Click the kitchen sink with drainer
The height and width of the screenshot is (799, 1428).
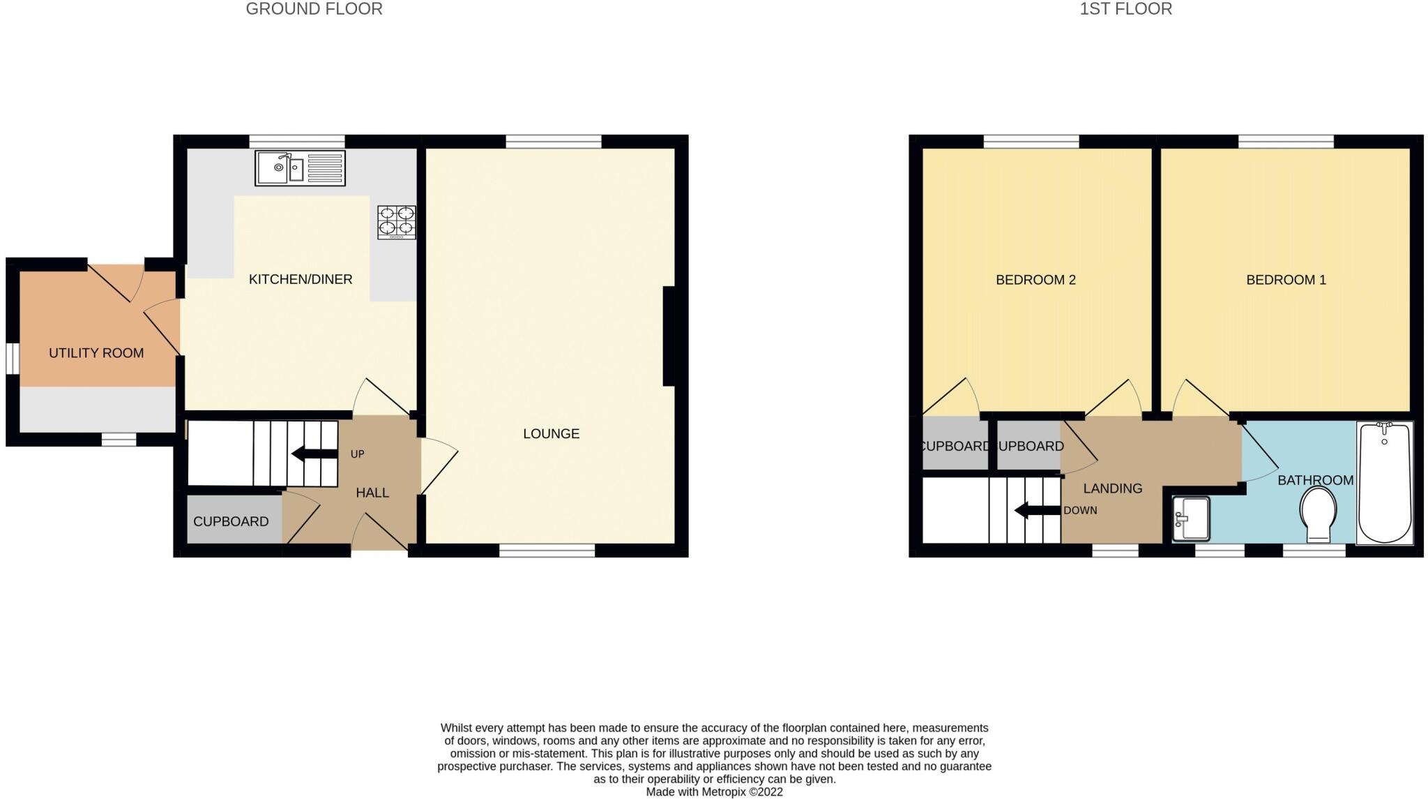tap(300, 168)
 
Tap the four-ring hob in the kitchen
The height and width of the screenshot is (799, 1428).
tap(396, 222)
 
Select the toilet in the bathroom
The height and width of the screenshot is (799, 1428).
tap(1318, 514)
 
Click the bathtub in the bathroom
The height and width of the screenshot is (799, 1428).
tap(1384, 483)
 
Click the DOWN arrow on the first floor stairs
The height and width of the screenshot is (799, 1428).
tap(1037, 510)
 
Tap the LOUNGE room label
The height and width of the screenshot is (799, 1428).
tap(551, 433)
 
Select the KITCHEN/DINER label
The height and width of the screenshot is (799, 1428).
tap(301, 279)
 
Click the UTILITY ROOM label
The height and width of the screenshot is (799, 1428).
tap(96, 353)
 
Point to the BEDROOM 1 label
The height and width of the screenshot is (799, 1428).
tap(1286, 280)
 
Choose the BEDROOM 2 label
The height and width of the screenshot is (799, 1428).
tap(1035, 280)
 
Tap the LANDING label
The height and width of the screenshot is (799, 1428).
tap(1112, 488)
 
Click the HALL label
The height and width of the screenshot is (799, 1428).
tap(372, 493)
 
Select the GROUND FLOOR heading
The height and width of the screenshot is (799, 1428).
tap(314, 9)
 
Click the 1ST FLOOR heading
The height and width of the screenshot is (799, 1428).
tap(1125, 9)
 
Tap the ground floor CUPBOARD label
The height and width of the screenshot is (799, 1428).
tap(231, 521)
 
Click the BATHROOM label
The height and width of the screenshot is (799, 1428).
tap(1315, 480)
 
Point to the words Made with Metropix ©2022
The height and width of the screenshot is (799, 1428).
tap(714, 792)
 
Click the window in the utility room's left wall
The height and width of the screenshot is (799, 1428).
tap(12, 358)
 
